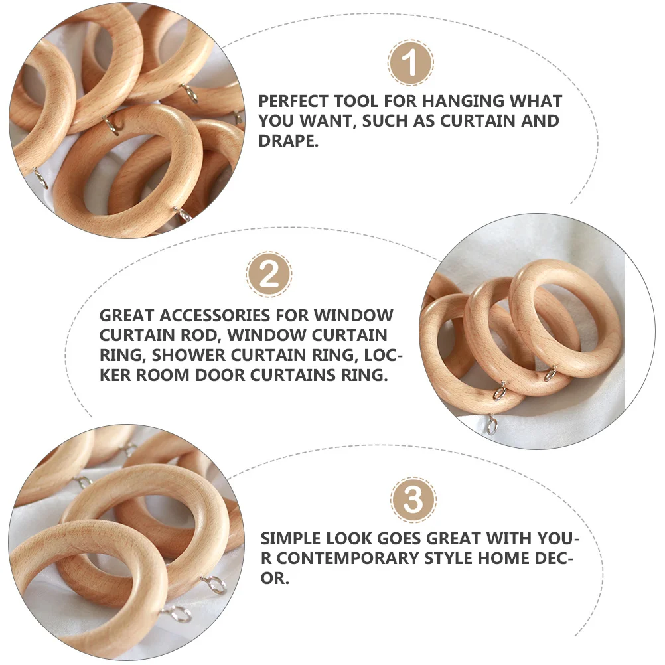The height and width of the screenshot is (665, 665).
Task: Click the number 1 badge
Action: click(x=411, y=63)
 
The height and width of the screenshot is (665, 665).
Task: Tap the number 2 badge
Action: click(x=269, y=273)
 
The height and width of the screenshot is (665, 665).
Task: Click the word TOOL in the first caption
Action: click(x=379, y=102)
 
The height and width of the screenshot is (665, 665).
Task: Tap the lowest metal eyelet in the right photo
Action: click(x=491, y=423)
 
